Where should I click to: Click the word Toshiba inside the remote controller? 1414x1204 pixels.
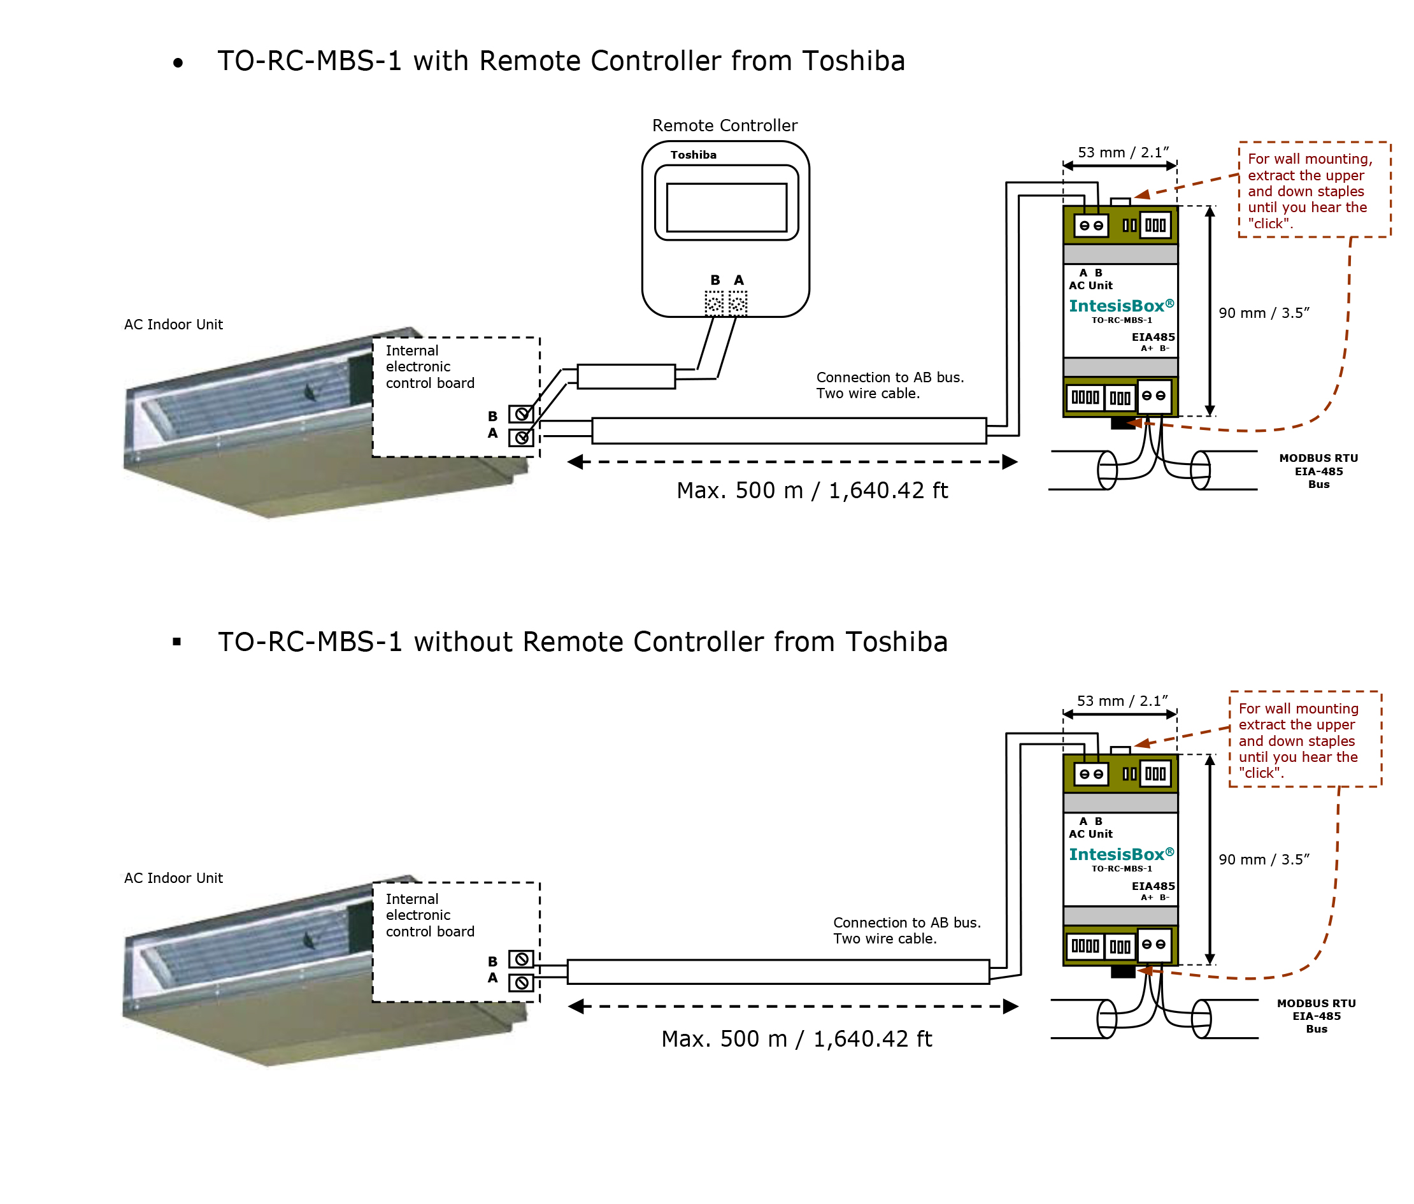[694, 155]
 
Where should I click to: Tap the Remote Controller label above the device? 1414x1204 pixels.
[725, 125]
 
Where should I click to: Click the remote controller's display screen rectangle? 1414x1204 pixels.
[727, 208]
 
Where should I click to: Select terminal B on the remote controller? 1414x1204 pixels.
[714, 303]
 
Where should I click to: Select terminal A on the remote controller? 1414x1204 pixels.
[738, 303]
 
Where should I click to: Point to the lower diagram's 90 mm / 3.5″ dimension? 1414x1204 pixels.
[1264, 859]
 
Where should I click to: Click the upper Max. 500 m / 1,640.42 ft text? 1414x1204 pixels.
[812, 491]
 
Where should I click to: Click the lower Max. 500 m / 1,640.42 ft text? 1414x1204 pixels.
[796, 1039]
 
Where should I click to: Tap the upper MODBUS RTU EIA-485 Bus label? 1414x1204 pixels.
[1318, 471]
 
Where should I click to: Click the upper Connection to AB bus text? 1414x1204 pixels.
[890, 385]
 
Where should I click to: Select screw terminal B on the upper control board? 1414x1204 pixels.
[522, 413]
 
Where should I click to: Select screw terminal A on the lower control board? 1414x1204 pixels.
[522, 982]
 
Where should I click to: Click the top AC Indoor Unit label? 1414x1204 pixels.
[173, 325]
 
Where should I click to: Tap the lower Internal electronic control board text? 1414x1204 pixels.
[430, 915]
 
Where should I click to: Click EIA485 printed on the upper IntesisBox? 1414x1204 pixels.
[1153, 337]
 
